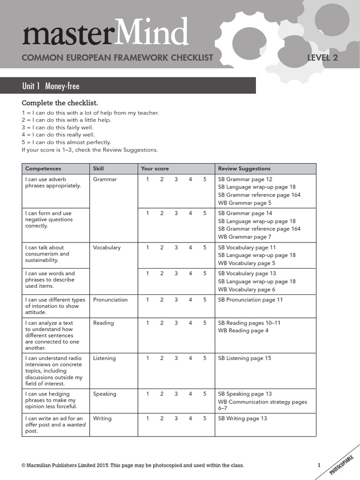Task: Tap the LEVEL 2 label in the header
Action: [x=322, y=58]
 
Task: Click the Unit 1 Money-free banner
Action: [x=51, y=86]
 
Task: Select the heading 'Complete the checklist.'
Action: [x=60, y=103]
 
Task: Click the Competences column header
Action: [x=43, y=169]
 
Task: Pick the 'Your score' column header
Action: [x=155, y=169]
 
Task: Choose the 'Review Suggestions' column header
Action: [x=244, y=169]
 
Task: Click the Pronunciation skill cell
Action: [x=110, y=300]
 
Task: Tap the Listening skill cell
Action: [x=104, y=359]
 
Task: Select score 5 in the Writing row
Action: [x=205, y=419]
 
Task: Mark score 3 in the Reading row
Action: [x=176, y=323]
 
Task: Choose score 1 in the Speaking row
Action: [x=147, y=394]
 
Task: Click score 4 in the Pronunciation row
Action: [x=191, y=300]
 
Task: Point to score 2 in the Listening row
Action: [x=162, y=359]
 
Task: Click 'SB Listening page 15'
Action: [x=245, y=359]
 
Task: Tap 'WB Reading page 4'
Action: [x=243, y=331]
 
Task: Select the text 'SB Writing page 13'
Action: [x=242, y=419]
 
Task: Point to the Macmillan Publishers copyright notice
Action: [x=133, y=465]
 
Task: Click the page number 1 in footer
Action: [x=319, y=465]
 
